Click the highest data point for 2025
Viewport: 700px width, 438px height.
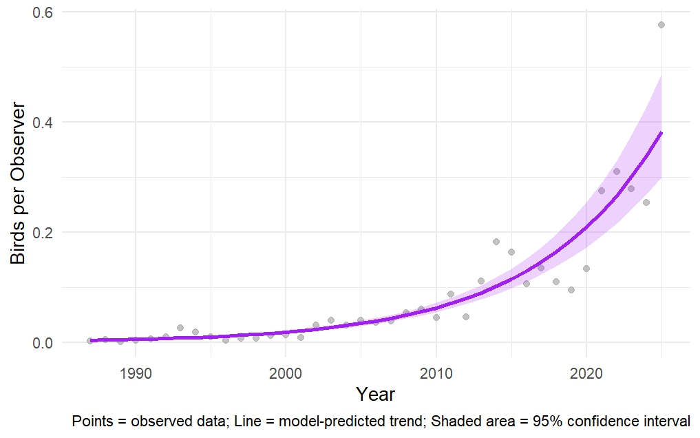(x=661, y=25)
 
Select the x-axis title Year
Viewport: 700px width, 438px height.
(x=376, y=395)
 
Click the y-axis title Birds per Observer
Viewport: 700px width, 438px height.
(x=18, y=184)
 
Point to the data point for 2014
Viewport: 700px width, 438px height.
(x=496, y=242)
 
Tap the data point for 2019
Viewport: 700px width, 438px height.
(x=571, y=290)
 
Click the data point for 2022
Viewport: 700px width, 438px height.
(x=617, y=171)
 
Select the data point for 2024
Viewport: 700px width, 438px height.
(x=646, y=202)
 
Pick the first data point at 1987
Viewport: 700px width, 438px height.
(x=90, y=341)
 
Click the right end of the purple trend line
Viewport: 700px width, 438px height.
(x=661, y=132)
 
